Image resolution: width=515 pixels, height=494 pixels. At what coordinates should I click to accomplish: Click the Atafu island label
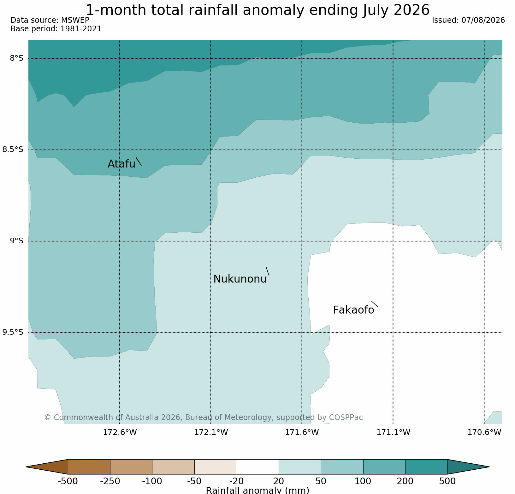121,164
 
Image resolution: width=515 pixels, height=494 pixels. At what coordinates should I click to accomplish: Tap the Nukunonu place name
240,279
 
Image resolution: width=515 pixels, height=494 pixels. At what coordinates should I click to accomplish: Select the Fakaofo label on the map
353,310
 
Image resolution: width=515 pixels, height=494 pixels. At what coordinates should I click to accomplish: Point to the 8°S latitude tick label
16,58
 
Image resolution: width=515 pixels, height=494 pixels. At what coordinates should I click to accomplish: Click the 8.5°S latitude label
13,149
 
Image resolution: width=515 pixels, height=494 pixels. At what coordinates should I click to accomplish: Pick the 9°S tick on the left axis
16,241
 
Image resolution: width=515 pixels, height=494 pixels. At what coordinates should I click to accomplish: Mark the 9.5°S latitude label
13,332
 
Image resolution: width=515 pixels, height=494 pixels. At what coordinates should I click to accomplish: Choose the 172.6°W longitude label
120,432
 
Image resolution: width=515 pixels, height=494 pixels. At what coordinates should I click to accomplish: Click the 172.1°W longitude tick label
211,432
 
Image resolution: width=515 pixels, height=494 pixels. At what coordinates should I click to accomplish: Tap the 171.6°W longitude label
302,432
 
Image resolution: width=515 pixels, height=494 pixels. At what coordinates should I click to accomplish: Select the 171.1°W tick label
393,432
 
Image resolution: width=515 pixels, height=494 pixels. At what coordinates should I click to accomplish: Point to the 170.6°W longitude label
484,432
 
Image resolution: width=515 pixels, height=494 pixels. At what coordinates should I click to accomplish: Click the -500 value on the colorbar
68,481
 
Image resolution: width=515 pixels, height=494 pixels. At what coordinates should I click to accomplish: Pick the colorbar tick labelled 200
405,481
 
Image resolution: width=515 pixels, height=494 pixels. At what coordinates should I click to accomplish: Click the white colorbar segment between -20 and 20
258,467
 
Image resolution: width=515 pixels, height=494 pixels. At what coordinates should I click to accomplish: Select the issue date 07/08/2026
483,20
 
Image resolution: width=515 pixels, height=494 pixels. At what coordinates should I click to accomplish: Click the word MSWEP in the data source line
75,20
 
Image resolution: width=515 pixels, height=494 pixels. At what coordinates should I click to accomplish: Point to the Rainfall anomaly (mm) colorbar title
257,490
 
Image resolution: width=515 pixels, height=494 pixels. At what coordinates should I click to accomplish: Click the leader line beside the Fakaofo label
375,304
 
